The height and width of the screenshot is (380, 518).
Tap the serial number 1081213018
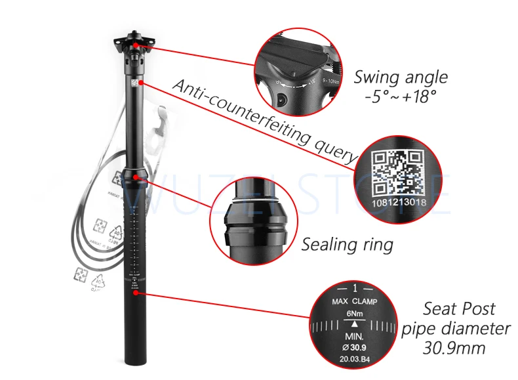coord(400,203)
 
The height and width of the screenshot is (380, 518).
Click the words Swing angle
coord(401,77)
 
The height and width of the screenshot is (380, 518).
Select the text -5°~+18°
coord(401,97)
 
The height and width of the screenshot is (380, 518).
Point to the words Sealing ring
coord(347,245)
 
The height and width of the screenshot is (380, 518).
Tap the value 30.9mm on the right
coord(458,347)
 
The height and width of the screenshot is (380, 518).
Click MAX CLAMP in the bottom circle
coord(355,301)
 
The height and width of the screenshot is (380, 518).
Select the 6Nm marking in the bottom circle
coord(355,313)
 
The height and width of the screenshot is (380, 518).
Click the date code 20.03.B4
coord(355,358)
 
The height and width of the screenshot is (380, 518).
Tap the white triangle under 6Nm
coord(355,324)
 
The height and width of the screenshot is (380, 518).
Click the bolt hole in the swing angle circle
coord(282,100)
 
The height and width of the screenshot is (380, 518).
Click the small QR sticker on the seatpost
coord(136,83)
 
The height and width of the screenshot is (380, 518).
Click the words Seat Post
coord(458,308)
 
